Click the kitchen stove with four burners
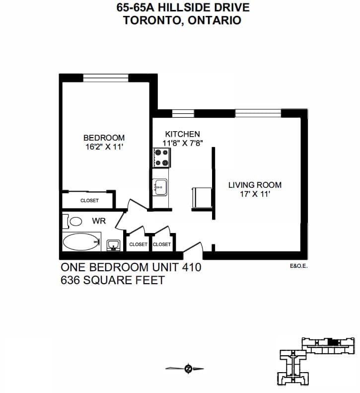162,157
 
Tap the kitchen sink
160,187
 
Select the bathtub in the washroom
81,241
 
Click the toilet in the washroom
72,221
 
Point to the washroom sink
114,245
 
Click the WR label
99,221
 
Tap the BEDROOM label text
104,138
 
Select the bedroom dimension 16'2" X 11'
104,147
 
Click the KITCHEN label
183,134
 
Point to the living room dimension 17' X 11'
255,194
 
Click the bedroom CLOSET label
89,201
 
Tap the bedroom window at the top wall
106,78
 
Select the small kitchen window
183,113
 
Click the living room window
258,113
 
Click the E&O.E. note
298,266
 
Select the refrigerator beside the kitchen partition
202,198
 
